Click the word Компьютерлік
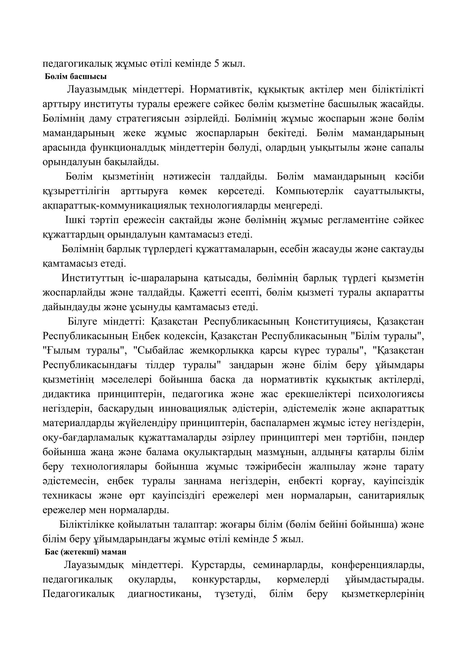pyautogui.click(x=309, y=191)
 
